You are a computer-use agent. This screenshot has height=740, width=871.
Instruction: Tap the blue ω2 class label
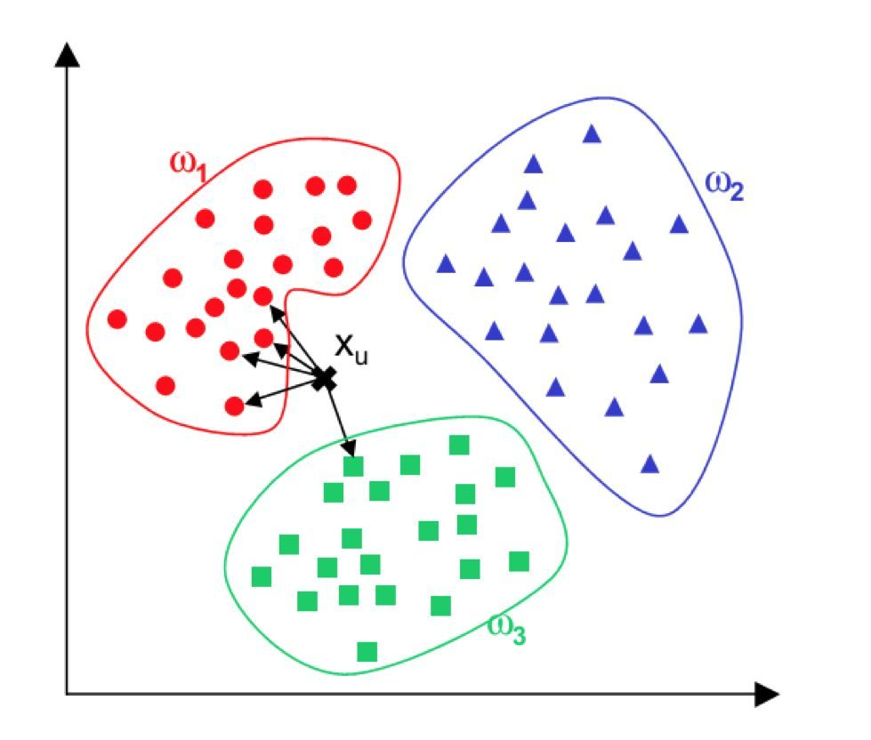pos(723,186)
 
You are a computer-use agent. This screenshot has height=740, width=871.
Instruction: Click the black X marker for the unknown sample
pos(325,379)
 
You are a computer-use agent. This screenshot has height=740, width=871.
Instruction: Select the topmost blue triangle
pos(592,134)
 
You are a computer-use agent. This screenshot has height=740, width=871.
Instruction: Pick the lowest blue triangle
pos(649,463)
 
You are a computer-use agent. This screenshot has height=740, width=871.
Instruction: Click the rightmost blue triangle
pos(698,323)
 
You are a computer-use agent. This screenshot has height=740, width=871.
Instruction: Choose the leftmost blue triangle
pos(446,263)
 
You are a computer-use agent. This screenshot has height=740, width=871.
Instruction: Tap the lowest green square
pos(367,652)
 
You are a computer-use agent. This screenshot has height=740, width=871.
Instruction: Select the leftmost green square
pos(262,576)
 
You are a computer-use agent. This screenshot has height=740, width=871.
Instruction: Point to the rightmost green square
pos(519,561)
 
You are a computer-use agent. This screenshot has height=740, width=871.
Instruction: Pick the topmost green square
pos(459,444)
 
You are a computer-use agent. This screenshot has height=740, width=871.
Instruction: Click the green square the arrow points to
pos(354,466)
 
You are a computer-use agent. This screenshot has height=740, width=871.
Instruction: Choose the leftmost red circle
pos(117,318)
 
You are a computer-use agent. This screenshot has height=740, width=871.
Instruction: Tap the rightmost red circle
pos(361,219)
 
